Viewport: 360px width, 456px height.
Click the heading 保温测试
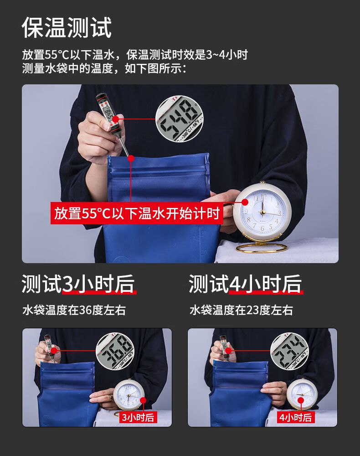click(67, 28)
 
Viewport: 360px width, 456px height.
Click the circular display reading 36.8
click(116, 352)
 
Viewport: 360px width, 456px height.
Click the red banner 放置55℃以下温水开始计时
click(137, 213)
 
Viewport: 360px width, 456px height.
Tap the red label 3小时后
click(137, 417)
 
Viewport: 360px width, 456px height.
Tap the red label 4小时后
click(296, 417)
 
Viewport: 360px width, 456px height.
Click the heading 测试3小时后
click(78, 284)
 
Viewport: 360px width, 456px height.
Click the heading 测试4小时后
click(245, 284)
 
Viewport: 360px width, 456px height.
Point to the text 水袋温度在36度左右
click(74, 311)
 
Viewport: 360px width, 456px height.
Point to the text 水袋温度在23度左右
click(241, 311)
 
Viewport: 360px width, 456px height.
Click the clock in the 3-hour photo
click(129, 395)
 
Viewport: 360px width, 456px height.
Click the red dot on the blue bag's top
click(131, 159)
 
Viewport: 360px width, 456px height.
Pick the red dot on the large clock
click(245, 202)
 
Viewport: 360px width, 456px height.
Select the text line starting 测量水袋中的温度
click(105, 69)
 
